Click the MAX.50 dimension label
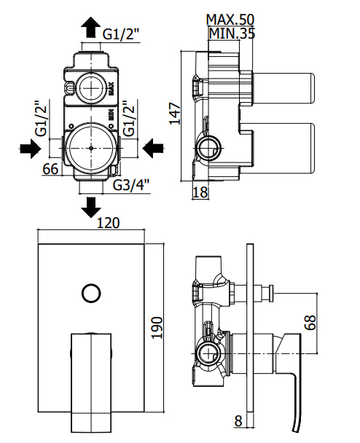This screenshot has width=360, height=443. [x=230, y=20]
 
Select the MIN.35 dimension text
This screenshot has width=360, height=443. [x=232, y=33]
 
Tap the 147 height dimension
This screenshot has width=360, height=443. [x=175, y=114]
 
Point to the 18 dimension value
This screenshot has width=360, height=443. [x=200, y=192]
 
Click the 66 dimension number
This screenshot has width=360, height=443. [x=50, y=168]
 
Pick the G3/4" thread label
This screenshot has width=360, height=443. [x=131, y=185]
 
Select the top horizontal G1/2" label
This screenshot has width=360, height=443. [x=121, y=34]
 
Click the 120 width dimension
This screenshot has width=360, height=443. [x=109, y=223]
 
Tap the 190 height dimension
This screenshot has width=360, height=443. [x=157, y=328]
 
